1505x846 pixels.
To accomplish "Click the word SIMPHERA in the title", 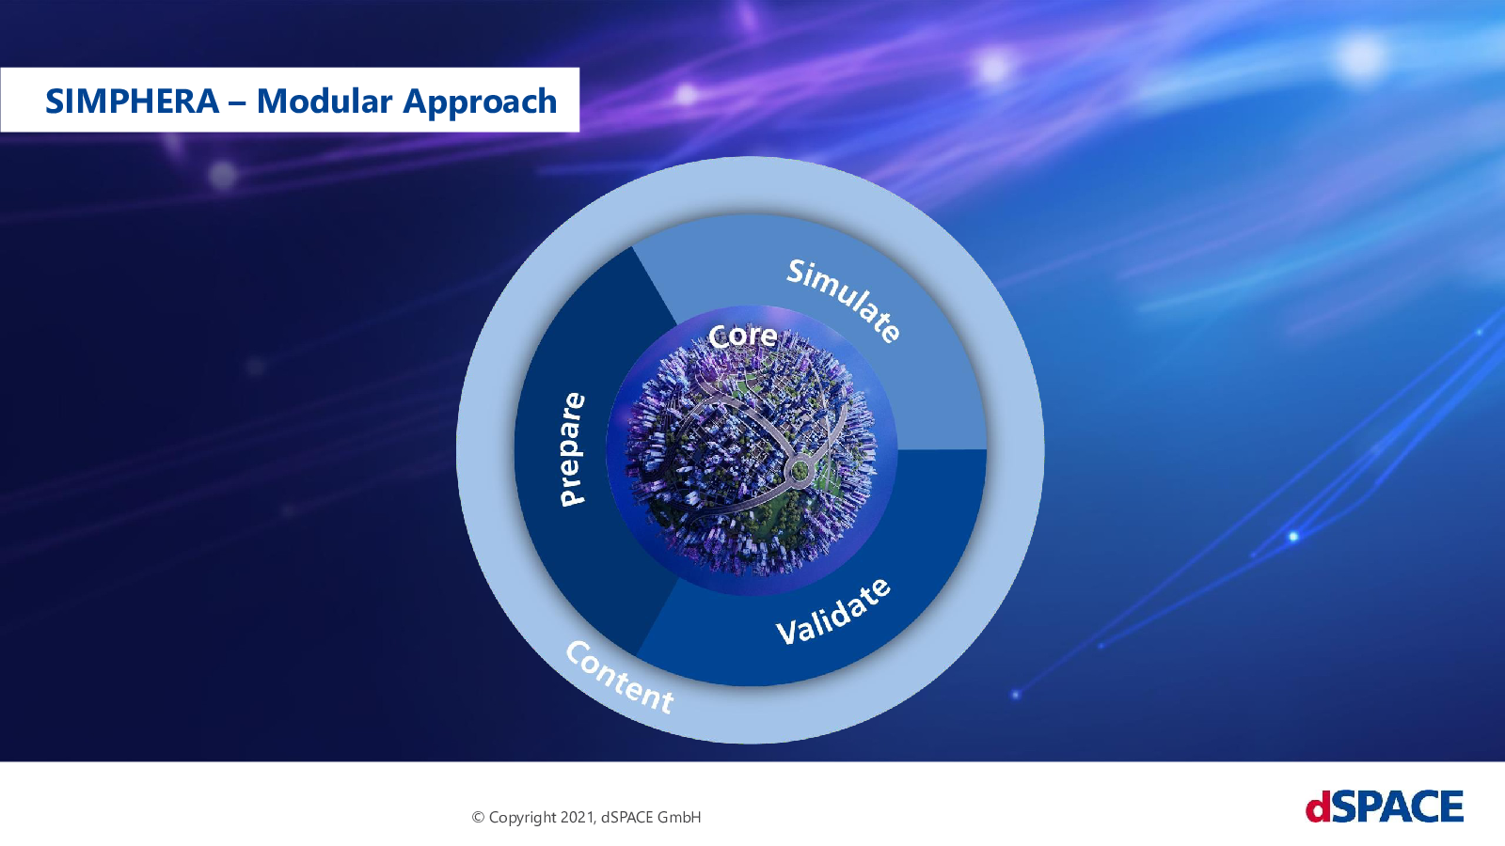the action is (x=133, y=102).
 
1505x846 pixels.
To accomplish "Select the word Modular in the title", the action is (x=324, y=102).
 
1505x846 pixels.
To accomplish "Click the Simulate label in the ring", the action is (x=844, y=301).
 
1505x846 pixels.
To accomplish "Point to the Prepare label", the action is (x=573, y=449).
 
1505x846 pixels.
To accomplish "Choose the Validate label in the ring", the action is (x=833, y=611).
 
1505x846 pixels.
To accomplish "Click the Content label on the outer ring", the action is (x=619, y=678).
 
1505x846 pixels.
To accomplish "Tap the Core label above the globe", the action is (x=742, y=336).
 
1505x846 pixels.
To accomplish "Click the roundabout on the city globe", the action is (x=800, y=469).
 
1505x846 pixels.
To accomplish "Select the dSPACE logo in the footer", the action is (x=1385, y=806).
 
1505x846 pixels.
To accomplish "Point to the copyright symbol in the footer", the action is (x=479, y=817).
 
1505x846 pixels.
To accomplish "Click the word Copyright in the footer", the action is (x=523, y=818).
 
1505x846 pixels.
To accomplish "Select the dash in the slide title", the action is (x=238, y=103).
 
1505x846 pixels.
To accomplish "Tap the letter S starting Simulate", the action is (x=796, y=272).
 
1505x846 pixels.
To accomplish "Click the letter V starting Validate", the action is (x=786, y=633).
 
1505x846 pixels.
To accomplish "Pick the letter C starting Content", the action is (x=578, y=651).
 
